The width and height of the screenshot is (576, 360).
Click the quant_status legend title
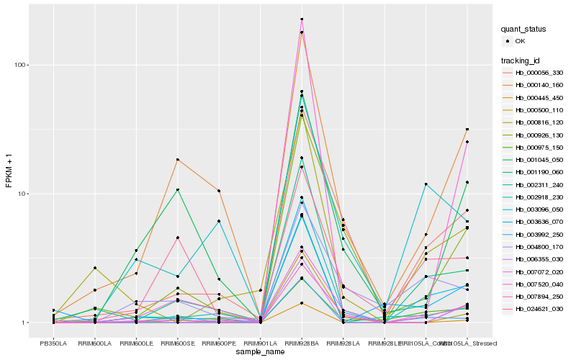(x=524, y=30)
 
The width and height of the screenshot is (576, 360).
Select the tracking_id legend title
(x=521, y=60)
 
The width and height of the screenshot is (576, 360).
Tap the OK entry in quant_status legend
(x=519, y=41)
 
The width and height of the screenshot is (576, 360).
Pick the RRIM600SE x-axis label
(x=177, y=344)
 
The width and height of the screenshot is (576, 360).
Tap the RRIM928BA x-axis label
(x=302, y=344)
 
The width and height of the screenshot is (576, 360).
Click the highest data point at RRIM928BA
(x=302, y=19)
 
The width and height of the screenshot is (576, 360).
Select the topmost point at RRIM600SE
(x=177, y=159)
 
